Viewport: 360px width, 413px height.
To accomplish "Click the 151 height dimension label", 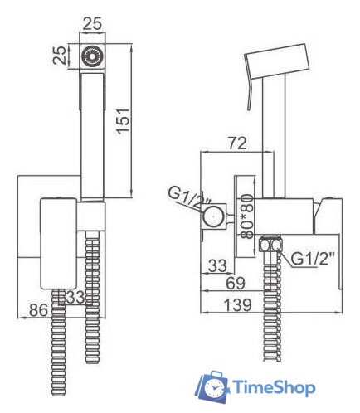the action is tap(124, 121).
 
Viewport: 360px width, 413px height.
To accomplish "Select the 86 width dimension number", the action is tap(38, 310).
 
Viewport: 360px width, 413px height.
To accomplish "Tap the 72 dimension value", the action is tap(236, 143).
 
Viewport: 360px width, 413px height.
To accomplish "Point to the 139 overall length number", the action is tap(237, 304).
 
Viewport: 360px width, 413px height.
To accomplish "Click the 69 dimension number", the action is tap(236, 283).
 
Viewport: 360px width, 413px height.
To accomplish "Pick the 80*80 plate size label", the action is tap(246, 216).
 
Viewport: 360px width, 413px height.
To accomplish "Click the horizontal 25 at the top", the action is tap(92, 23).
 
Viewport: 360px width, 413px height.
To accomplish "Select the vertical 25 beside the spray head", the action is tap(60, 56).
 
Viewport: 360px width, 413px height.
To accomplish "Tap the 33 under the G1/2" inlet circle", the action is tap(217, 265).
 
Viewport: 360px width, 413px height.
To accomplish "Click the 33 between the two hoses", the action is tap(75, 297).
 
